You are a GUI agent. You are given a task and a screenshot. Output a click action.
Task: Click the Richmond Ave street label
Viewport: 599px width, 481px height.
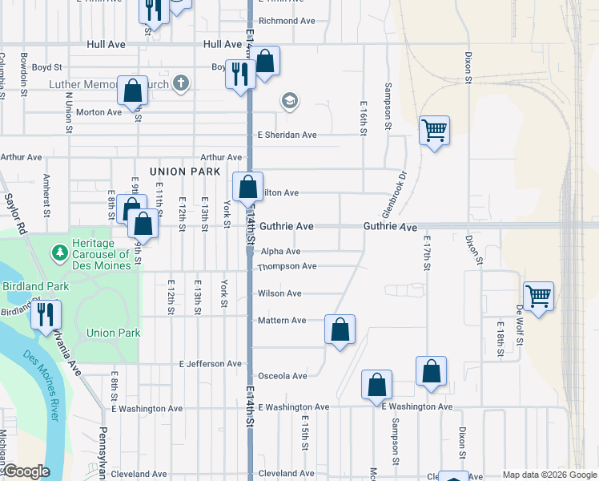(287, 21)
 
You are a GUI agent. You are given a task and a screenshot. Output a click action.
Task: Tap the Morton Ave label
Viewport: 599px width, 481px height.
(98, 112)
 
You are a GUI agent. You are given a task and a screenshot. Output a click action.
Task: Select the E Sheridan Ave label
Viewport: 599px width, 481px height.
(287, 135)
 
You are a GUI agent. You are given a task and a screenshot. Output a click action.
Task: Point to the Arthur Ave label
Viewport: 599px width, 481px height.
(221, 158)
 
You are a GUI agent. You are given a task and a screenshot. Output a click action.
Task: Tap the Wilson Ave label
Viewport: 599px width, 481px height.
(279, 293)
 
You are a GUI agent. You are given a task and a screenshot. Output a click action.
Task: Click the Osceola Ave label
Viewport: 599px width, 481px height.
(282, 376)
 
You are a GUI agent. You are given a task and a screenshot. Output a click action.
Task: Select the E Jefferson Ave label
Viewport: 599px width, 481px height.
(211, 364)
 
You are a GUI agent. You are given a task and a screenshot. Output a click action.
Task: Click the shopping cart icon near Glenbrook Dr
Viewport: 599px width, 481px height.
(434, 129)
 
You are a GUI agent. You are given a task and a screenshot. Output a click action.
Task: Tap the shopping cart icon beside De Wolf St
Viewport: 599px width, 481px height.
(538, 295)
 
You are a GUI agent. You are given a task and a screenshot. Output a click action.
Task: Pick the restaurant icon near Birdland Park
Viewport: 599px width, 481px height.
(46, 313)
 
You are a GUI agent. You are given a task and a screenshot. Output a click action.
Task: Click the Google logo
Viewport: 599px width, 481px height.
(27, 471)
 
